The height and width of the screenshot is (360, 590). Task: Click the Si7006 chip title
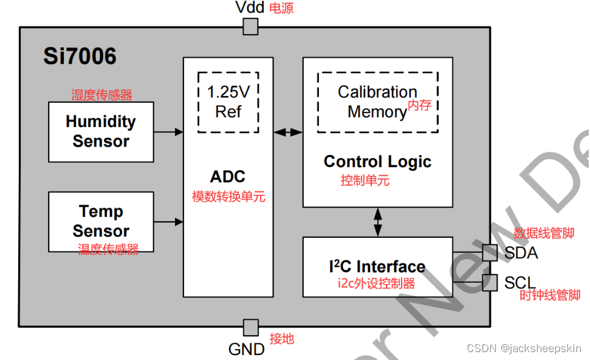tap(80, 57)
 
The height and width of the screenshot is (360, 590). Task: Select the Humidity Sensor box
tap(101, 131)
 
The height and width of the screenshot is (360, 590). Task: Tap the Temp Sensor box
tap(101, 221)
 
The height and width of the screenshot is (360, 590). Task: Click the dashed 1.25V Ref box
tap(228, 102)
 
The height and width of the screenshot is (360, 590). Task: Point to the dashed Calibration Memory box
tap(377, 102)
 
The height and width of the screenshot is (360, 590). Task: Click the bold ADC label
tap(228, 177)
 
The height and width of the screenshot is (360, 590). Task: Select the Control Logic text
tap(377, 162)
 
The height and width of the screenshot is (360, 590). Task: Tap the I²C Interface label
tap(377, 266)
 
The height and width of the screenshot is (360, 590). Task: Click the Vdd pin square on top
tap(250, 27)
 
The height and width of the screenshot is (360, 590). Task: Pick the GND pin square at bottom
tap(250, 328)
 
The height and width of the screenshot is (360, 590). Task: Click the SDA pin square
tap(490, 253)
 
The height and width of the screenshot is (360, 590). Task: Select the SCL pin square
tap(490, 282)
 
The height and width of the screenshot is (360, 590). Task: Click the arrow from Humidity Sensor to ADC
tap(168, 131)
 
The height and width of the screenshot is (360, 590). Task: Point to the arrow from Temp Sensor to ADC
tap(168, 221)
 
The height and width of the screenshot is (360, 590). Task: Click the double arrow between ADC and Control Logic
tap(288, 131)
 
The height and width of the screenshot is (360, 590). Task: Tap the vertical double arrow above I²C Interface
tap(378, 222)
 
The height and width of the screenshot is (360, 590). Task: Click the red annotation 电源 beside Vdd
tap(281, 9)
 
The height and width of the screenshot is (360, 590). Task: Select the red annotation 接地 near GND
tap(281, 338)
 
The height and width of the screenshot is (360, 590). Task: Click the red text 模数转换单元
tap(228, 197)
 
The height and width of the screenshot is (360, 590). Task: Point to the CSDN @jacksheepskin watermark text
tap(525, 348)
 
